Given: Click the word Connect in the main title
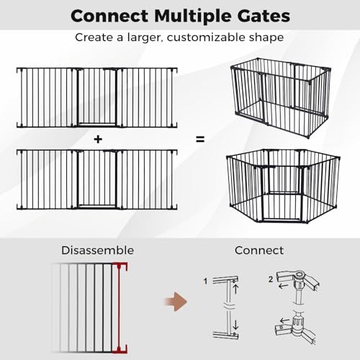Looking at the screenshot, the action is click(x=109, y=16).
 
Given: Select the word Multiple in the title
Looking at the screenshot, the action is click(x=193, y=17).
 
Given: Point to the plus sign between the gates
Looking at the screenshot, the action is click(x=98, y=139).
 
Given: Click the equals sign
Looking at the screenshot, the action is click(x=200, y=139).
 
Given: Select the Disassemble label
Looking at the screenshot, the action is click(x=98, y=251).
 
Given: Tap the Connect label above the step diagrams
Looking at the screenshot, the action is click(x=259, y=251).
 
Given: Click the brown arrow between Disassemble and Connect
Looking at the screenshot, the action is click(x=176, y=302).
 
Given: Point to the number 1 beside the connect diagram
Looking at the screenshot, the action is click(x=205, y=281).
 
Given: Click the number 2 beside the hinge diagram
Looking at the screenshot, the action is click(x=271, y=279).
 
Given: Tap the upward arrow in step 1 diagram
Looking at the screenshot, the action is click(x=235, y=288).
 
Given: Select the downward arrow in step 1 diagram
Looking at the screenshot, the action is click(x=235, y=324).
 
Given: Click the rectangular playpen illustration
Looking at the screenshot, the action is click(x=281, y=98).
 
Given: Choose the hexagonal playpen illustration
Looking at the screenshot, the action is click(x=283, y=186).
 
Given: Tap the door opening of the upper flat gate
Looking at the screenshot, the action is click(x=97, y=97).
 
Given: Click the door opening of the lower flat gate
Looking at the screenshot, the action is click(x=97, y=179).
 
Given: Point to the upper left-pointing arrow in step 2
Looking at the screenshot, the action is click(x=284, y=286).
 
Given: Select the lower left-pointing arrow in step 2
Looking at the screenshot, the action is click(x=285, y=320).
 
